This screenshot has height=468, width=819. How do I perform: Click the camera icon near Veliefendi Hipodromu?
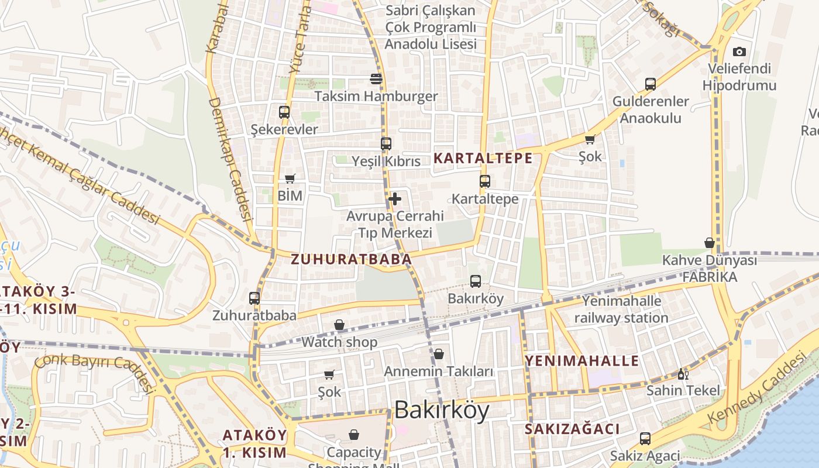(739, 51)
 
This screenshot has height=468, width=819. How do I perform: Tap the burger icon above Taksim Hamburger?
(376, 79)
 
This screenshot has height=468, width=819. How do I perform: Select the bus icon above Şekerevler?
(284, 112)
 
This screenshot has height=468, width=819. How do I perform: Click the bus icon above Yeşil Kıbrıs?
(386, 143)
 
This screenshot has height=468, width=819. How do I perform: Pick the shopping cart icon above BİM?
(290, 178)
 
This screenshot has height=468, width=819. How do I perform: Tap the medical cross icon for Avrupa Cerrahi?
(395, 199)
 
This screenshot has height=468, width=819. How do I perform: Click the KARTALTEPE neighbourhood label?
(483, 158)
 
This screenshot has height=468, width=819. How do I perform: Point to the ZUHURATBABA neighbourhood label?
(351, 259)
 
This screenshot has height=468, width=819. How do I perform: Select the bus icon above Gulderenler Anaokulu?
(651, 84)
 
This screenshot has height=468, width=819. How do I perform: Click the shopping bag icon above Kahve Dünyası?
(710, 243)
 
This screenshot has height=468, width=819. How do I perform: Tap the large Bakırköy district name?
(442, 411)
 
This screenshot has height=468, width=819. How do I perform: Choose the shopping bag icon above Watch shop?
(339, 325)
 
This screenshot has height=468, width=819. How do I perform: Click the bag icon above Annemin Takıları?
(439, 354)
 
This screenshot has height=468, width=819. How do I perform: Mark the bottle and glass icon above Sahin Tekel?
(683, 374)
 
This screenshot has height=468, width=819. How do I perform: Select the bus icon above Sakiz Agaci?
(645, 438)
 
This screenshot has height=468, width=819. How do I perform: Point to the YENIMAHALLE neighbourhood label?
(581, 360)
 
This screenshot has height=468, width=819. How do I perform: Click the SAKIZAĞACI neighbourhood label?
(572, 429)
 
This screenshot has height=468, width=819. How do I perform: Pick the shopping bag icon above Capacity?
(353, 435)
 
